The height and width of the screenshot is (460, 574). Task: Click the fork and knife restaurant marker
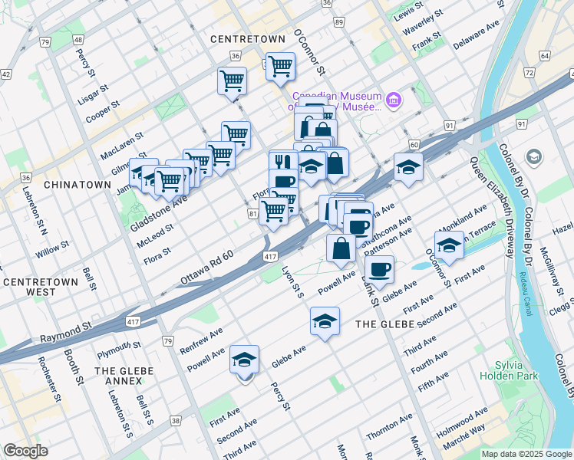[283, 163]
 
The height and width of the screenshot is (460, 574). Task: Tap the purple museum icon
[394, 100]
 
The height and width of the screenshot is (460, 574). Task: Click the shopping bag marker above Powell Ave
[341, 248]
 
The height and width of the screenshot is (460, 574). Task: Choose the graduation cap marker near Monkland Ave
[449, 245]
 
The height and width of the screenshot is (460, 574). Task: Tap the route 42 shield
[6, 74]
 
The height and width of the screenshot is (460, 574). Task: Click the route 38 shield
[176, 420]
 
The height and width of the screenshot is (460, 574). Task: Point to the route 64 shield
[544, 56]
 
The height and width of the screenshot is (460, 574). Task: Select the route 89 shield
[339, 23]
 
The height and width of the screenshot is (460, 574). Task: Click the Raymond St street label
[66, 331]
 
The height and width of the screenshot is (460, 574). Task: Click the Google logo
[26, 451]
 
